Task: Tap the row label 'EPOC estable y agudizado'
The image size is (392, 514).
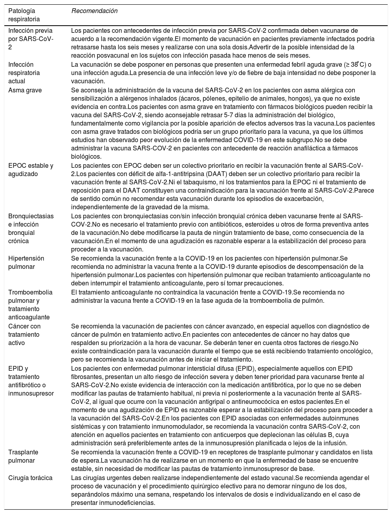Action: [x=30, y=170]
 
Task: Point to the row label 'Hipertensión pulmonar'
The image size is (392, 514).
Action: [x=26, y=263]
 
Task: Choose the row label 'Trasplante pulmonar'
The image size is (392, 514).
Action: [x=23, y=456]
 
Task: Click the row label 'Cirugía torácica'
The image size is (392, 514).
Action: [x=30, y=478]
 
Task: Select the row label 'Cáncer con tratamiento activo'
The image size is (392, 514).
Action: [x=24, y=334]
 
